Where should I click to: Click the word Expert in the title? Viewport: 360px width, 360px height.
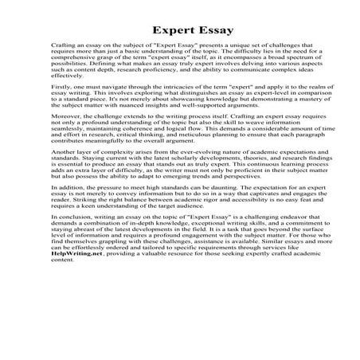156,31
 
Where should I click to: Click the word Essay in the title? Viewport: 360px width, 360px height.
210,31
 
